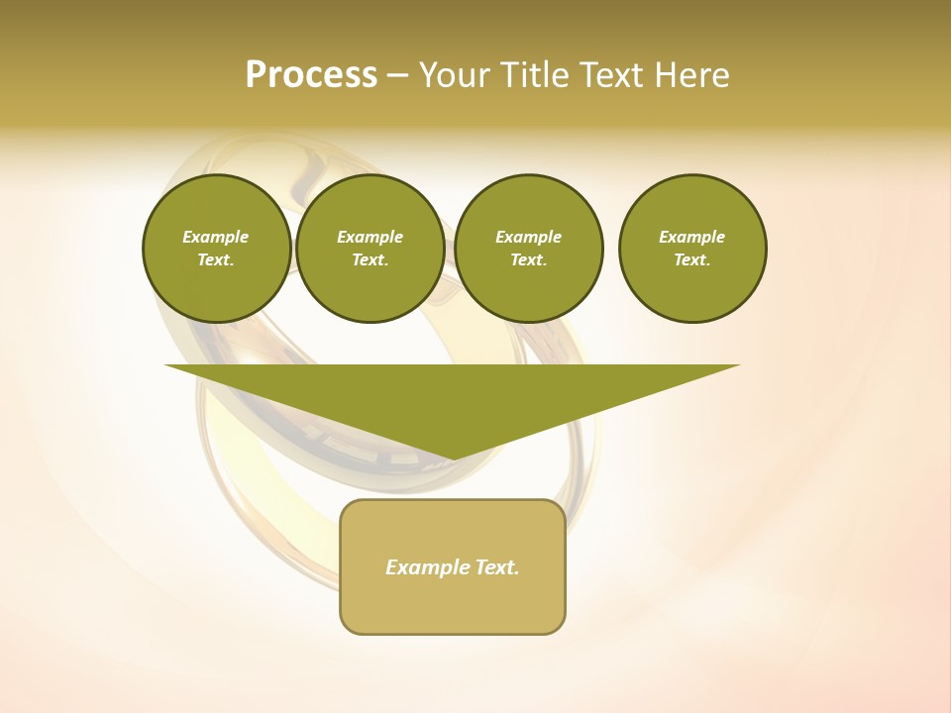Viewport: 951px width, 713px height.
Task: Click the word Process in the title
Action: point(311,75)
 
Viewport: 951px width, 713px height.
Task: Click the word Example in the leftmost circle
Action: point(216,237)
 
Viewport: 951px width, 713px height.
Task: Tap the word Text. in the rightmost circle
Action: point(692,259)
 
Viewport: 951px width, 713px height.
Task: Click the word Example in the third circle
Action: point(529,237)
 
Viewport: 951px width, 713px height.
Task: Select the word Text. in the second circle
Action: point(370,259)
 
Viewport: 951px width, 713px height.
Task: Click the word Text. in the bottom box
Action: point(496,567)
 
